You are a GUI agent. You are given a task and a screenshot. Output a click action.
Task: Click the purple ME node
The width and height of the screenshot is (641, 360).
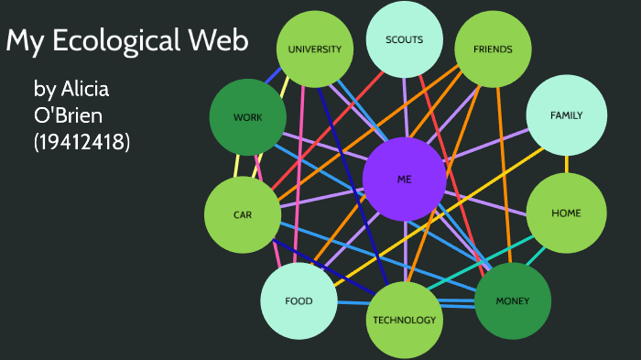coord(404,180)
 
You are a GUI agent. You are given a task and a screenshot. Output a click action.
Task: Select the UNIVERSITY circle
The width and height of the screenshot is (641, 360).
coord(314,49)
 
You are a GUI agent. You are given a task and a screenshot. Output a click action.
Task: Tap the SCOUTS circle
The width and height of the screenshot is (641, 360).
coord(405,40)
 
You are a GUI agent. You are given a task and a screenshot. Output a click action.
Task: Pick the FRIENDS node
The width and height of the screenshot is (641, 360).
coord(493,49)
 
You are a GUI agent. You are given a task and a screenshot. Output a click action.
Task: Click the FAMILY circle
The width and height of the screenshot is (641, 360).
coord(566,115)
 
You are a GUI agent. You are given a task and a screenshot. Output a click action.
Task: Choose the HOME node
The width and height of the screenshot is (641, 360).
coord(566,213)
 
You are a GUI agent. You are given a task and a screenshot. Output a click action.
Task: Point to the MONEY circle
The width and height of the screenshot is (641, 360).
coord(512,300)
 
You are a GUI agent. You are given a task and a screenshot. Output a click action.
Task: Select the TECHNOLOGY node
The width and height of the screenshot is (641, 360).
coord(404,320)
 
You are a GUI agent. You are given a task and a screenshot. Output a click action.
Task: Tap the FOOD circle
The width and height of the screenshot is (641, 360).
coord(299,300)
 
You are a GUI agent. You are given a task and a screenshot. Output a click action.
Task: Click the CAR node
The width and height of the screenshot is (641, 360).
coord(242,215)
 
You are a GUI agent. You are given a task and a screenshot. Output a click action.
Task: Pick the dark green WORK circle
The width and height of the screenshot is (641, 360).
coord(247,117)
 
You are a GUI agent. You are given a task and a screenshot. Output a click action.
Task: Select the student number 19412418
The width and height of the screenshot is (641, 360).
coord(81,143)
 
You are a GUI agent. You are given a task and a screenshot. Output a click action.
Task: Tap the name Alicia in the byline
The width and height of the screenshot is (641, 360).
coord(85,90)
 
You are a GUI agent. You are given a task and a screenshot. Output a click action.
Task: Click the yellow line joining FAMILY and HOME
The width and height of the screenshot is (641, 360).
coord(566,164)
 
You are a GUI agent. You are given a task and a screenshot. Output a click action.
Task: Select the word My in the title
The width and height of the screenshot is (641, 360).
coord(25,41)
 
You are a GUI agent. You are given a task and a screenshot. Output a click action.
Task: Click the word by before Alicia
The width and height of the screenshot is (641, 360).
coord(44,90)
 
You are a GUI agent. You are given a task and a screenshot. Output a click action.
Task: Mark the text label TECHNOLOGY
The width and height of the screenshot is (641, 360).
coord(404,320)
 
